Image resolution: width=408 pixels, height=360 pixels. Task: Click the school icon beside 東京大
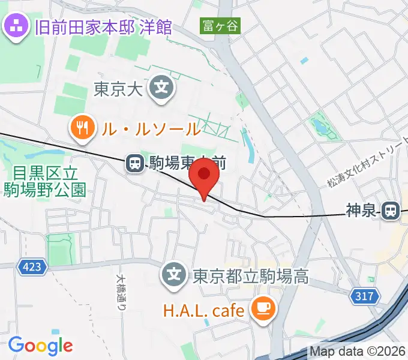161,88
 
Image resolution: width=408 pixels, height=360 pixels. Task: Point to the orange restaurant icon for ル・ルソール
80,127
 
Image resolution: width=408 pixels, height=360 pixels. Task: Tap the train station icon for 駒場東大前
135,162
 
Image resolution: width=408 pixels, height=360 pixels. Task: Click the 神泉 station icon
391,209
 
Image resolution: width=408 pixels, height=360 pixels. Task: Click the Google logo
40,345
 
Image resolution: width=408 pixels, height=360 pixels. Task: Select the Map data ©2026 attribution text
358,352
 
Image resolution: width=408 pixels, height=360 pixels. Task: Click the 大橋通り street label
121,292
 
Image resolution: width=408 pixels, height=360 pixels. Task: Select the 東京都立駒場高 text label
250,277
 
